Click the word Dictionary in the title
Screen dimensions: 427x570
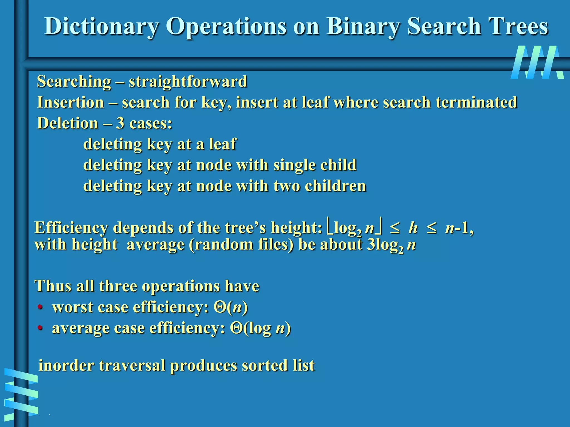tap(101, 27)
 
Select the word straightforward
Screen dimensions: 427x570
tap(188, 81)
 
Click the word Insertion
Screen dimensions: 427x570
tap(70, 102)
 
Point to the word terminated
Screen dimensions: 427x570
tap(476, 102)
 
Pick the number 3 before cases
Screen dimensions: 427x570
tap(120, 123)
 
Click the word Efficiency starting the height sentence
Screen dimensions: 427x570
tap(71, 228)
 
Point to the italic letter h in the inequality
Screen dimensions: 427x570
tap(413, 228)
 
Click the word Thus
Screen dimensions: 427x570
tap(52, 286)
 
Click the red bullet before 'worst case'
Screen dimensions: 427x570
tap(40, 307)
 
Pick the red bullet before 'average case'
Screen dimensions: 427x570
tap(40, 328)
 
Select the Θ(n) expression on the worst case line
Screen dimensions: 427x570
tap(230, 307)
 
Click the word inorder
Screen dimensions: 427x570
tap(66, 365)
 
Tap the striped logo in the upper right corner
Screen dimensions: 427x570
tap(537, 62)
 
